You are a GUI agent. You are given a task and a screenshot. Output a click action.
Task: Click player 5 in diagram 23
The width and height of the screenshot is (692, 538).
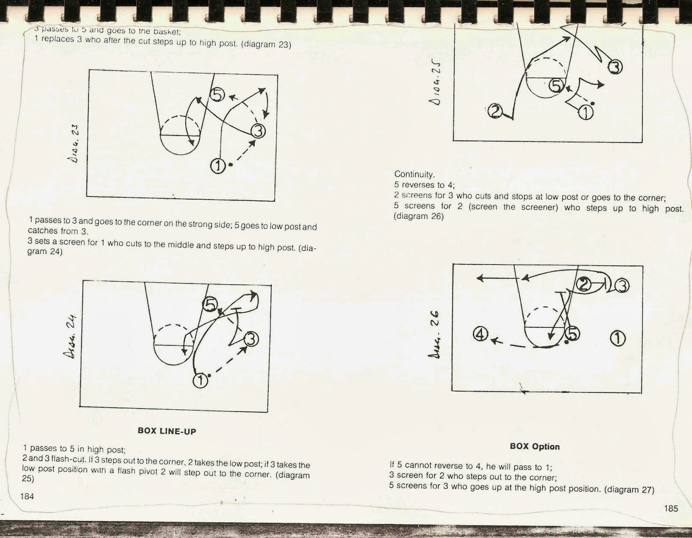click(x=218, y=94)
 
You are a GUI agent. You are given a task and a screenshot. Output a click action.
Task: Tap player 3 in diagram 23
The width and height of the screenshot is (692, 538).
click(x=258, y=131)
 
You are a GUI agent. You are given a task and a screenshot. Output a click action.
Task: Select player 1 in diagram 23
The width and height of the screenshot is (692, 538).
click(x=218, y=165)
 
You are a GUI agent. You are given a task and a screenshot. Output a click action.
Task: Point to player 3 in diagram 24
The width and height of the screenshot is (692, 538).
click(x=251, y=339)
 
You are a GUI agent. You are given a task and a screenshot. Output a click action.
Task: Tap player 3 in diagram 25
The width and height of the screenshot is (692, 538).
click(x=615, y=67)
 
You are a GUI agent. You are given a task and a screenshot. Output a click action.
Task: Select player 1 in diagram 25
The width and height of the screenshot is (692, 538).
click(x=586, y=112)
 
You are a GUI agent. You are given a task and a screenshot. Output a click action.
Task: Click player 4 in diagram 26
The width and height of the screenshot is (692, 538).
click(x=481, y=334)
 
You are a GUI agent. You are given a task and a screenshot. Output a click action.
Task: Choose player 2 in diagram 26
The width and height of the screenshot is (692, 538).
click(x=584, y=285)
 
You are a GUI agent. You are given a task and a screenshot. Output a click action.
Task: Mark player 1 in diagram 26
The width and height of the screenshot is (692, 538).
click(x=618, y=338)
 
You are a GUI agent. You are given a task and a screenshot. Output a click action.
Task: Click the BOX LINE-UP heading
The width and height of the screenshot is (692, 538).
click(x=167, y=431)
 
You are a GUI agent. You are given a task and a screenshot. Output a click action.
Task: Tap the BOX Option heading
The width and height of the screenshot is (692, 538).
click(x=535, y=446)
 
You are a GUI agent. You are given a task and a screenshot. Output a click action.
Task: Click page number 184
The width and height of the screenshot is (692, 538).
click(x=27, y=496)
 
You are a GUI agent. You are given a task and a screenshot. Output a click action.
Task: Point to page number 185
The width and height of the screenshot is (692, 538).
click(x=671, y=508)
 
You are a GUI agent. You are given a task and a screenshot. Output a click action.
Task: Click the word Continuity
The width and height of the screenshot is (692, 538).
click(x=414, y=174)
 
